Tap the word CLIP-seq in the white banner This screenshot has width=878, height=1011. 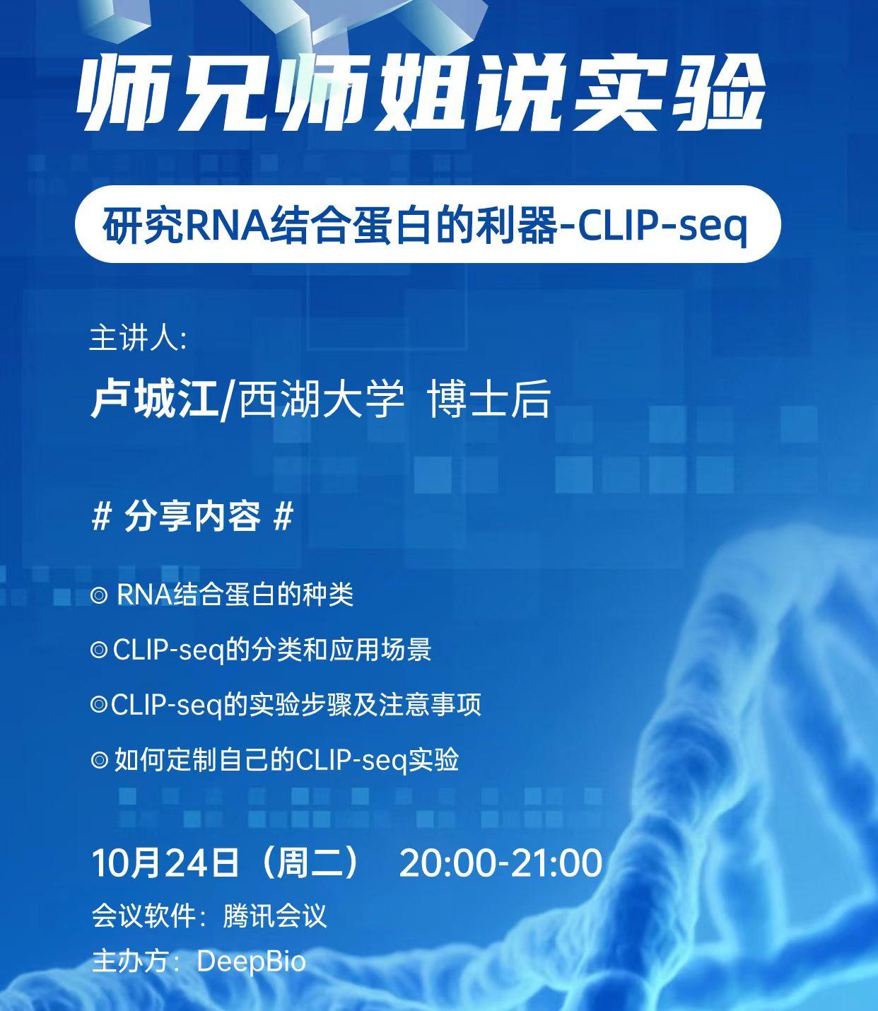(662, 226)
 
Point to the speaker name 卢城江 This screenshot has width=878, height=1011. (154, 399)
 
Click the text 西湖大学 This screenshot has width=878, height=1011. (322, 399)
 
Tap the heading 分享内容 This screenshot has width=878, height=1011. (192, 517)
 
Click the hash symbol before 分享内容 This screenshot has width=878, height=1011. (102, 518)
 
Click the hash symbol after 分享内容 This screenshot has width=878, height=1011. (283, 518)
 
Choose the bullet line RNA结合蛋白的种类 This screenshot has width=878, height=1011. (234, 595)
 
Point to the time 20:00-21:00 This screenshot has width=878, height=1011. (501, 863)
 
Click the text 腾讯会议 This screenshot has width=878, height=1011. (275, 916)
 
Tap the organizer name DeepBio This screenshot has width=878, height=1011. (251, 962)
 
